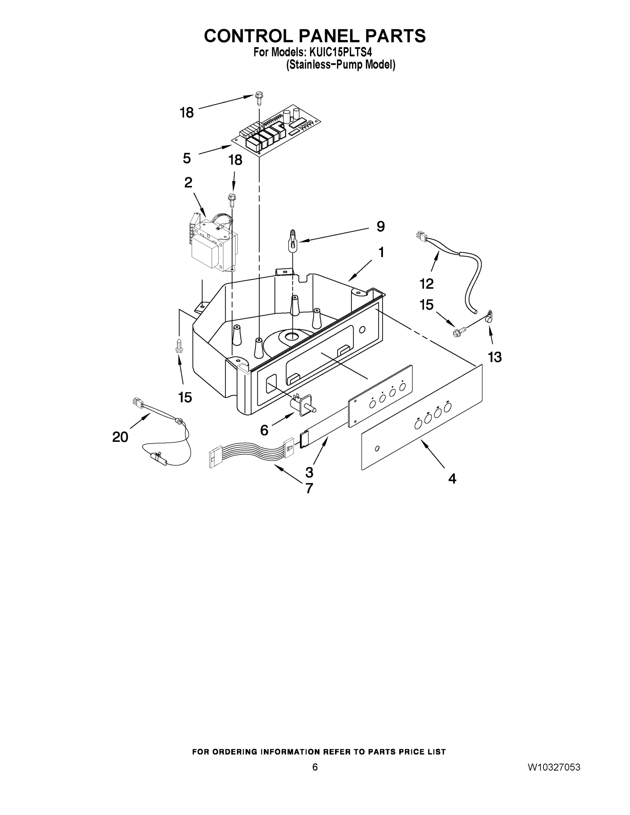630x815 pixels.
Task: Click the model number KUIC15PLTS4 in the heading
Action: tap(340, 52)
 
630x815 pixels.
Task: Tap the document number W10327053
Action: tap(554, 767)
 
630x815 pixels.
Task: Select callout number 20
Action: tap(120, 437)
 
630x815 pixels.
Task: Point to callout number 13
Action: tap(495, 357)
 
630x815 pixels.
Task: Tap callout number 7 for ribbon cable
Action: tap(309, 488)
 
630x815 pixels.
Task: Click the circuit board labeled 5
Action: tap(276, 131)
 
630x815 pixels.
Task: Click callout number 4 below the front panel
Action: tap(452, 479)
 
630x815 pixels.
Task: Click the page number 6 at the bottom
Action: tap(315, 767)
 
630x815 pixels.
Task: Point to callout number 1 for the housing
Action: tap(381, 253)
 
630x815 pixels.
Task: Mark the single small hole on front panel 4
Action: tap(377, 448)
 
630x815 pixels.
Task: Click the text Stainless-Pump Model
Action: tap(340, 65)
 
